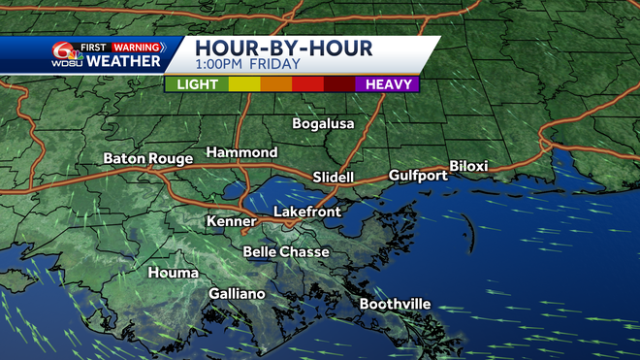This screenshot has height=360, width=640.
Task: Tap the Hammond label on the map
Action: (241, 153)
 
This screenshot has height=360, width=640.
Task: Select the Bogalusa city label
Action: (324, 124)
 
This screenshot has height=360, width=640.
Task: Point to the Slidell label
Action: (335, 178)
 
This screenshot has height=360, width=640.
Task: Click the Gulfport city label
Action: (418, 176)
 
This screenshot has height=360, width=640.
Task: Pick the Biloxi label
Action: (468, 167)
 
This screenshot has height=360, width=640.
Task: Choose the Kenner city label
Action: (232, 222)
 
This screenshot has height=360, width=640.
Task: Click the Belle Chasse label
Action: (286, 252)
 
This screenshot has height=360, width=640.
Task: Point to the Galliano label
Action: (238, 294)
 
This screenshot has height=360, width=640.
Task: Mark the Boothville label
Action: (395, 305)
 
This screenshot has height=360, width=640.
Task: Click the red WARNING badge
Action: (136, 46)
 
